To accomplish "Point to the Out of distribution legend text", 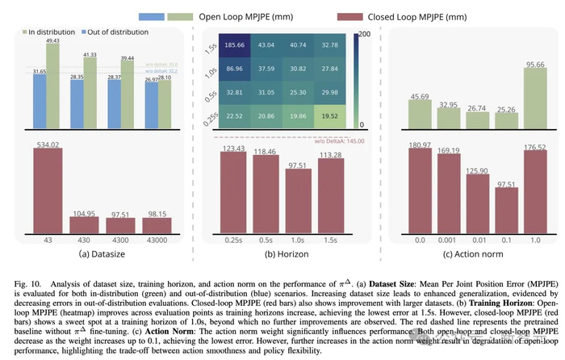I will [x=119, y=31].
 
